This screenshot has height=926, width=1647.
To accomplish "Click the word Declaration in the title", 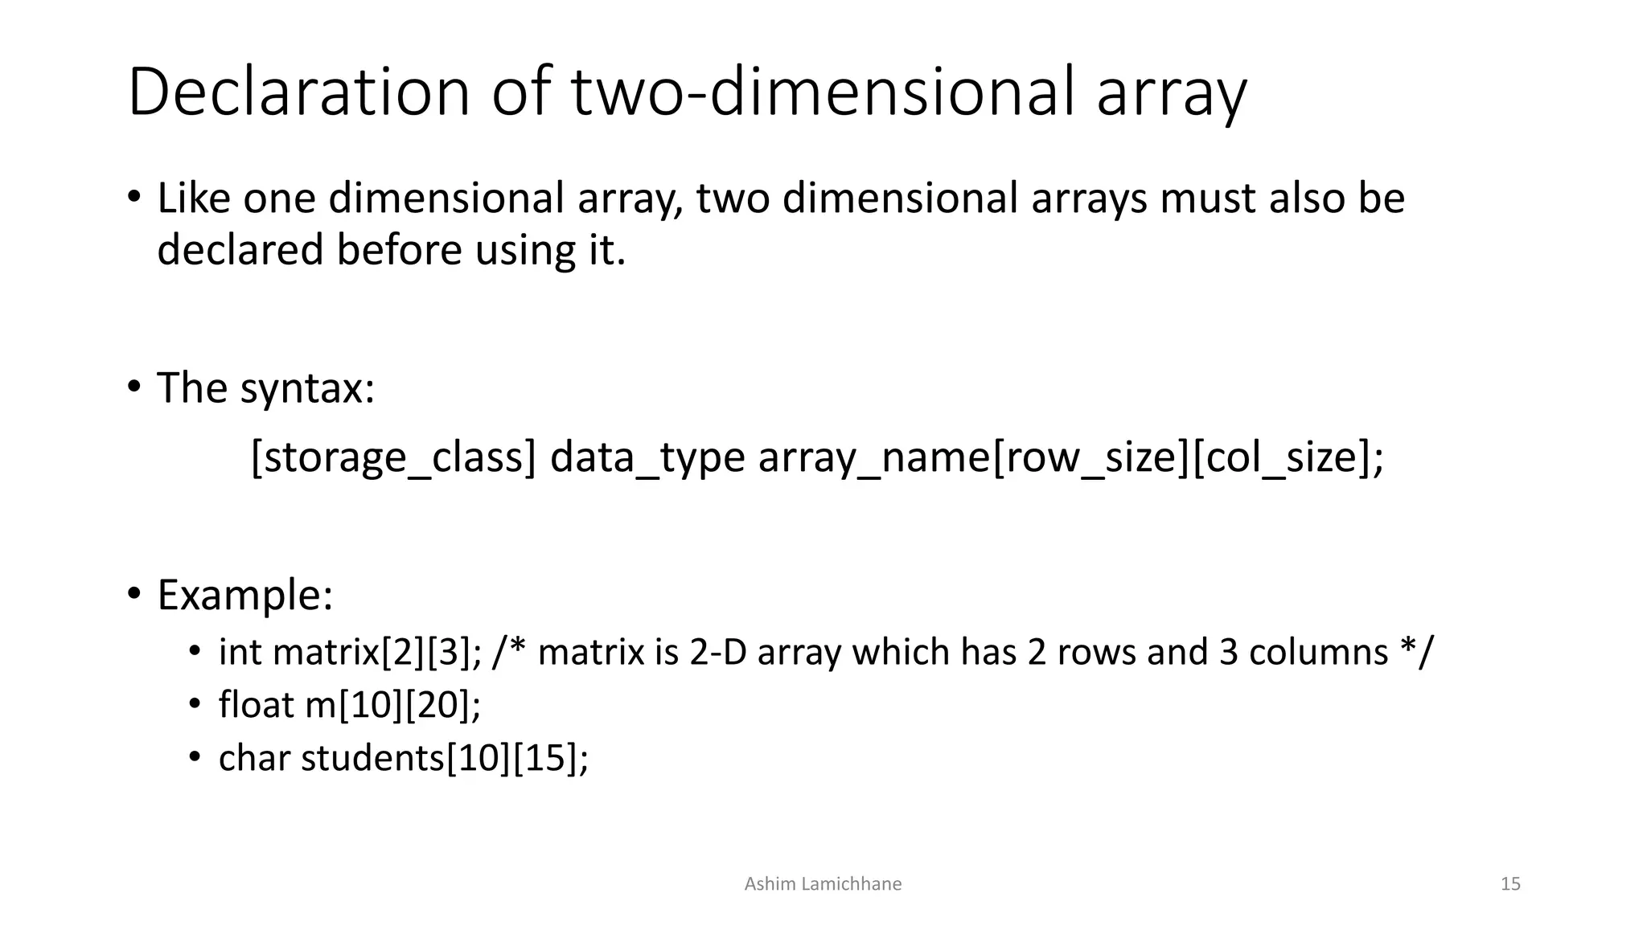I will [x=298, y=92].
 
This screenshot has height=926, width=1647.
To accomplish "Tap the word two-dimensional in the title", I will [x=821, y=92].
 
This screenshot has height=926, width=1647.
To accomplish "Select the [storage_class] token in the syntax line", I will [x=393, y=457].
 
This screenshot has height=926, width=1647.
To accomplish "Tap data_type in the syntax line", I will [x=647, y=457].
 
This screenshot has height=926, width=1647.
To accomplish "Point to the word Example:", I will [x=244, y=596].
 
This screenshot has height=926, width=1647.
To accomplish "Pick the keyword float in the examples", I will [x=256, y=705].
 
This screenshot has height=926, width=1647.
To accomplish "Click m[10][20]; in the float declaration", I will [x=393, y=705].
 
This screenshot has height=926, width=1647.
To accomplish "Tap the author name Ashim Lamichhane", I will [x=823, y=884].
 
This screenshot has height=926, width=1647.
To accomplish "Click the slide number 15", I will [x=1510, y=884].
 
